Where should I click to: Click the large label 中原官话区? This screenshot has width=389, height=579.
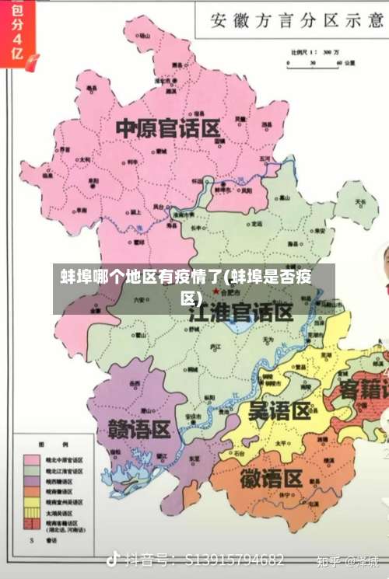tap(168, 128)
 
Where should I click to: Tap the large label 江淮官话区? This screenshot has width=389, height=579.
tap(241, 313)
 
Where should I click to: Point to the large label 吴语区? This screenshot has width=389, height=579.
tap(279, 410)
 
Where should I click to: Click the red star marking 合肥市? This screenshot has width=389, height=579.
tap(216, 291)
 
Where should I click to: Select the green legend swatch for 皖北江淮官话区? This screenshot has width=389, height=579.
tap(33, 471)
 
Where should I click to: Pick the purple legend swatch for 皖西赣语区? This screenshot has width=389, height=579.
tap(33, 481)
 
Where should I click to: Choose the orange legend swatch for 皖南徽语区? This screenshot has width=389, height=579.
tap(33, 492)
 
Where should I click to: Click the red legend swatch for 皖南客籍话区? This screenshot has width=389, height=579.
tap(33, 525)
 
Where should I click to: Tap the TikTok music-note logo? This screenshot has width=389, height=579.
tap(114, 559)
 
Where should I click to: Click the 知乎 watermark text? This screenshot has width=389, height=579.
tap(329, 560)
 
